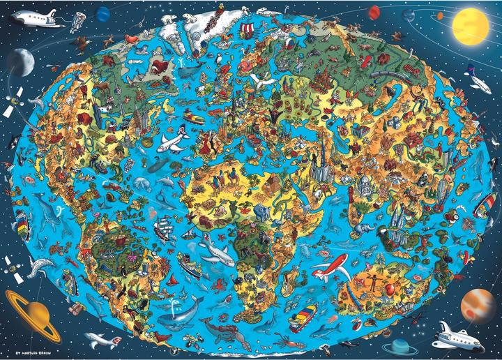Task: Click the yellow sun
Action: tap(471, 26)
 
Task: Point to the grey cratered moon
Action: tap(20, 63)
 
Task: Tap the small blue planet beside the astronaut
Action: tap(104, 13)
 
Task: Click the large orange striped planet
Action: tap(478, 303)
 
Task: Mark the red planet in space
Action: tap(374, 12)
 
